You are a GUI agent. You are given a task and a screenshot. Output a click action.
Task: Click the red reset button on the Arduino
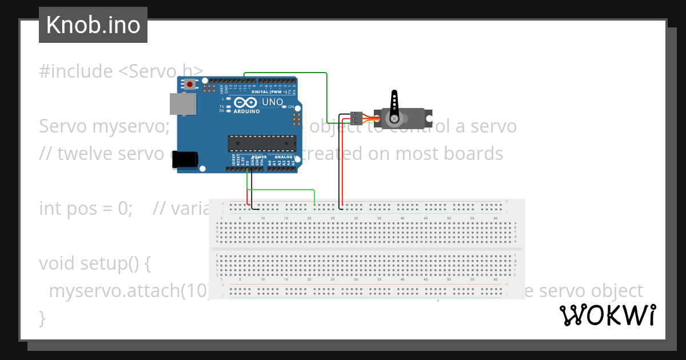[189, 85]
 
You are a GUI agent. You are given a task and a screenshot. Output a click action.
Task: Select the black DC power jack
[185, 159]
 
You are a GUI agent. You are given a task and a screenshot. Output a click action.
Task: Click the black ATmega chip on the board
[262, 143]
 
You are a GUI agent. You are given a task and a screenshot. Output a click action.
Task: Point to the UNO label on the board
[272, 102]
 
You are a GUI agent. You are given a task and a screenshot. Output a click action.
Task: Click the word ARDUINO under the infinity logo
[246, 111]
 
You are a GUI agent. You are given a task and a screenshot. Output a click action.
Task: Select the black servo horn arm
[394, 105]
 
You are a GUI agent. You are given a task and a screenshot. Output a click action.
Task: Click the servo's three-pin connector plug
[356, 118]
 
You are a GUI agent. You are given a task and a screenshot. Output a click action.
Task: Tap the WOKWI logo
[607, 315]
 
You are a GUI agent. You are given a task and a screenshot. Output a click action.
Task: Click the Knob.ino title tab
[93, 25]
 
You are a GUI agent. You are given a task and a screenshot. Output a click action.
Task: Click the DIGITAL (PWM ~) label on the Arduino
[269, 92]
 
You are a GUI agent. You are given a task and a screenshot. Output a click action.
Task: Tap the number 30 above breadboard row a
[356, 218]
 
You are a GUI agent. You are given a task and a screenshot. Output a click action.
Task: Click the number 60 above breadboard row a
[496, 218]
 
